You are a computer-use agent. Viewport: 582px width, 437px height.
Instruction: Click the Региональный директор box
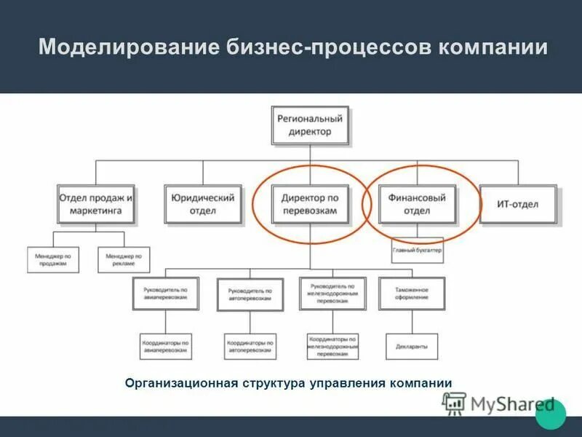click(310, 125)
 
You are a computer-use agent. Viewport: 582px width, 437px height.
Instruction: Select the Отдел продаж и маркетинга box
click(96, 204)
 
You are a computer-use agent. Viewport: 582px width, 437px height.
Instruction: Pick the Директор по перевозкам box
click(310, 204)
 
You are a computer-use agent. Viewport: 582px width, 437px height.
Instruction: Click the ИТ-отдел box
click(518, 204)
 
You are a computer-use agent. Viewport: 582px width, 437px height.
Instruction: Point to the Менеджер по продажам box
click(52, 259)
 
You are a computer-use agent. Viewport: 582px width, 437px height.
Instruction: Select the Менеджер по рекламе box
click(124, 259)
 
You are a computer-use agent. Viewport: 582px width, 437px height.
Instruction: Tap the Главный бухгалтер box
click(418, 251)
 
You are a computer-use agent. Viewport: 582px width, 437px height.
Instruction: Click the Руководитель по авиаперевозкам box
click(165, 294)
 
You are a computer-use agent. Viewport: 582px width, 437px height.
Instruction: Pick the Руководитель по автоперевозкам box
click(250, 294)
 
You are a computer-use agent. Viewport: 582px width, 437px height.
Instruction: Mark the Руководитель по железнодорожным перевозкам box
click(332, 293)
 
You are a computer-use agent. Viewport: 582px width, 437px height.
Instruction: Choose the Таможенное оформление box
click(412, 294)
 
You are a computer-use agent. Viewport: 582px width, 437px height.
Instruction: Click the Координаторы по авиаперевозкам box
click(165, 346)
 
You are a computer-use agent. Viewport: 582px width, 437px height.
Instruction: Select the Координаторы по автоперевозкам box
click(250, 346)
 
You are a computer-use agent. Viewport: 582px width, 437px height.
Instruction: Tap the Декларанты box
click(412, 346)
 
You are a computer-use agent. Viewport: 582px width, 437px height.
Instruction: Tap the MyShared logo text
click(512, 404)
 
